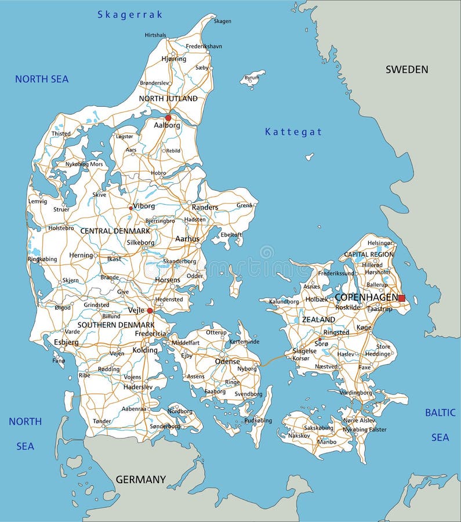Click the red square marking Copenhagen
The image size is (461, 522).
coord(401,298)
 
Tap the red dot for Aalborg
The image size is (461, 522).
coord(168,118)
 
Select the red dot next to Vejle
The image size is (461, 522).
coord(150,311)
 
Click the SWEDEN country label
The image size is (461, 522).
coord(407,70)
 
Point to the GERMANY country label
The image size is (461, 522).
coord(140,480)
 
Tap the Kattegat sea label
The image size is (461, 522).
coord(293,132)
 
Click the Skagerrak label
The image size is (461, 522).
coord(130,14)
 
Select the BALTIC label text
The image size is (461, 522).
coord(440,413)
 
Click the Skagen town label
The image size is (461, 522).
coord(222,21)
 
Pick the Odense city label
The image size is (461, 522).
coord(227,361)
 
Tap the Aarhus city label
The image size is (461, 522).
coord(187,239)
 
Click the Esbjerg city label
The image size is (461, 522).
coord(66,342)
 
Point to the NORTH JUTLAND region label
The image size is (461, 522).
coord(168,99)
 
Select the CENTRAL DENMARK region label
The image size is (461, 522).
coord(115,231)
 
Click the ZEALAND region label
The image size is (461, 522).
coord(318,320)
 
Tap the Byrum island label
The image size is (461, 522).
coord(252,77)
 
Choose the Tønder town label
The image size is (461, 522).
coord(102,421)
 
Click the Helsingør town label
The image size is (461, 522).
coord(380,243)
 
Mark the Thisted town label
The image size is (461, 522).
coord(61,133)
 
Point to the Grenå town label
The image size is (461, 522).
coord(244,205)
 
